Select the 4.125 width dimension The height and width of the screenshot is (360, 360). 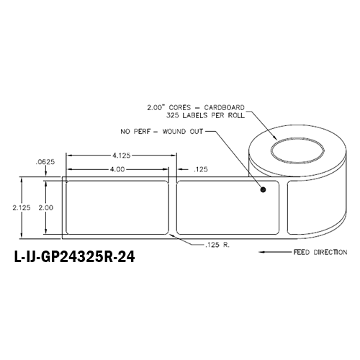point(120,155)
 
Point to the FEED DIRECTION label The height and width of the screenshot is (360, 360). point(320,253)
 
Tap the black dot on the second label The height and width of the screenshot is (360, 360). point(263,191)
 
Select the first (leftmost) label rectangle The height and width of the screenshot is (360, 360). point(117,207)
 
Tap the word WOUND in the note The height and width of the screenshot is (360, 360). point(181,132)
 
